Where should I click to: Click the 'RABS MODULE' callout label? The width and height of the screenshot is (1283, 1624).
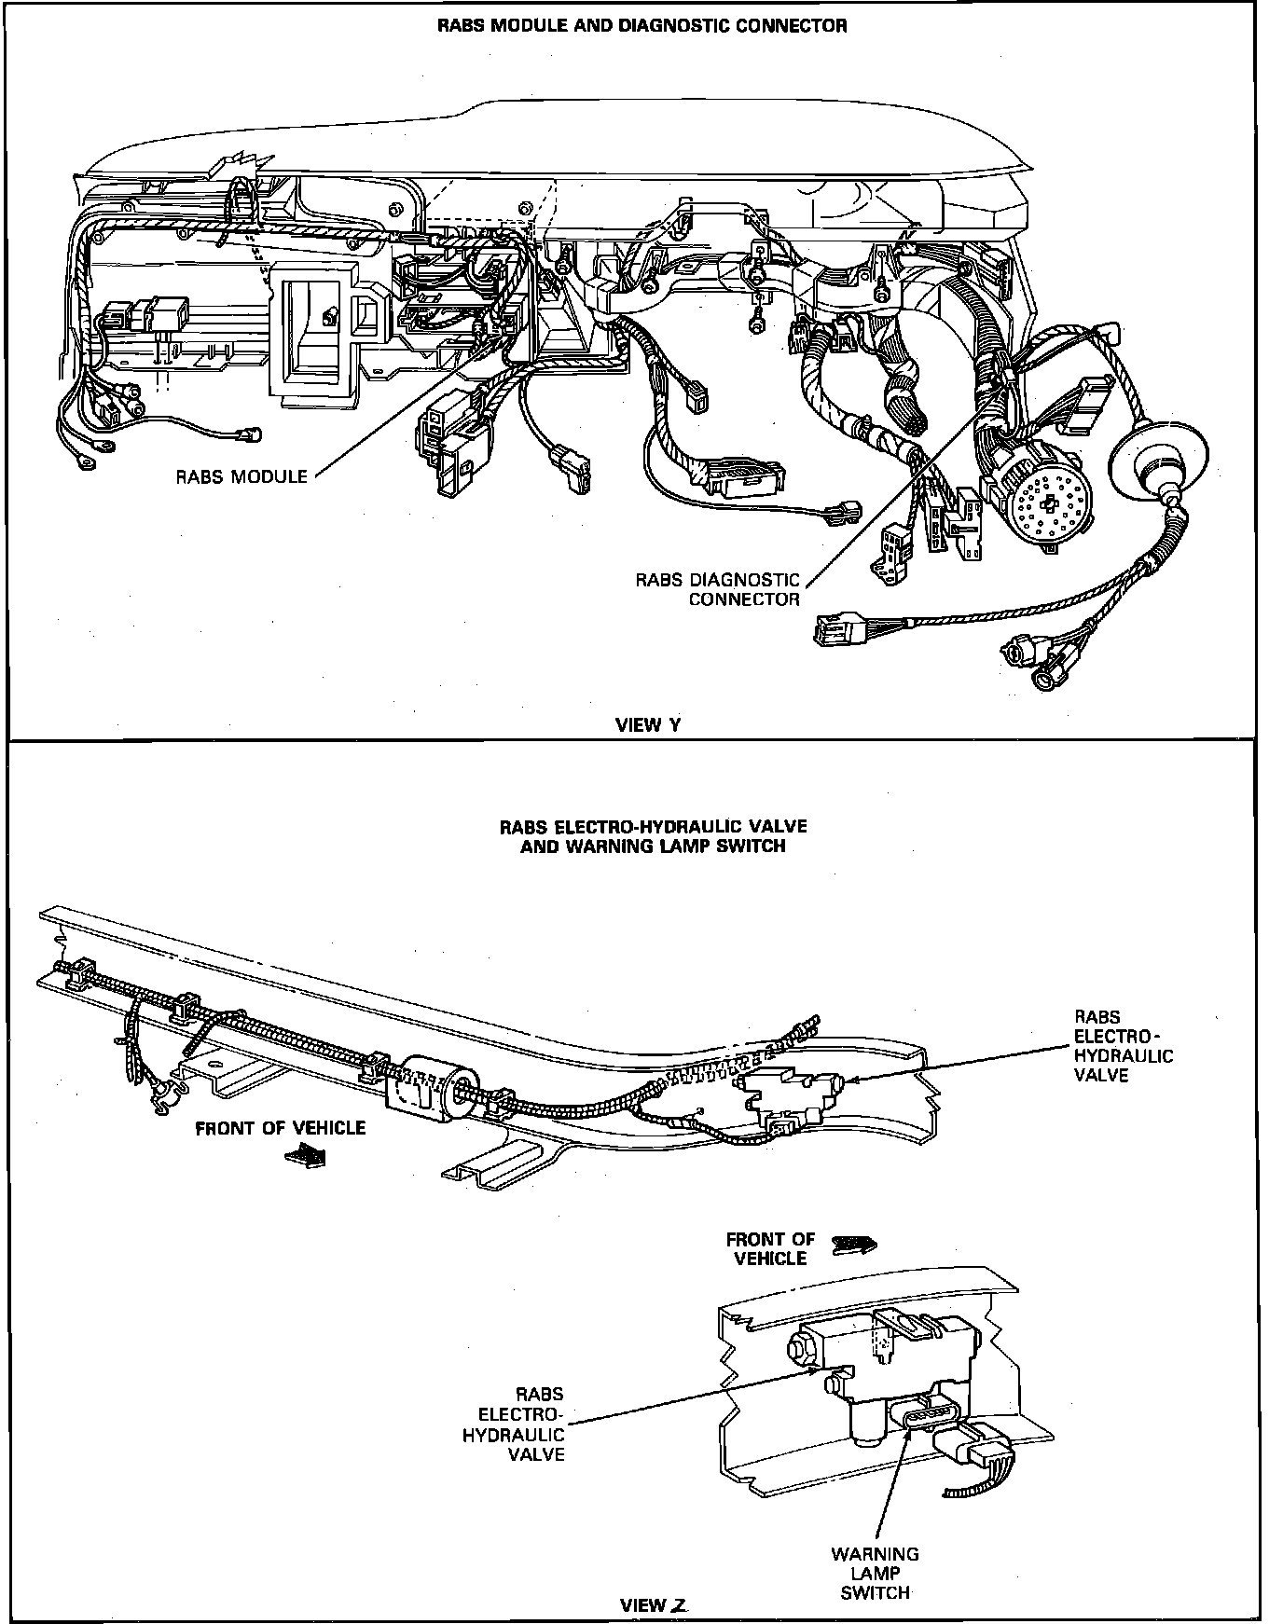pos(241,476)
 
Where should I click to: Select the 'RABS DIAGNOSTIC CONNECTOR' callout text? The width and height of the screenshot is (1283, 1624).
pos(718,589)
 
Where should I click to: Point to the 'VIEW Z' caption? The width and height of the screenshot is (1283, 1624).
pos(653,1604)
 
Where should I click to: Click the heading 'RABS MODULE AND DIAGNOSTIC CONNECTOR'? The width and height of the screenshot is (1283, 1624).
pos(642,26)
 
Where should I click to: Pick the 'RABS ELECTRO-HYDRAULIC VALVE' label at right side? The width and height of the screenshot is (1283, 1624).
pos(1124,1045)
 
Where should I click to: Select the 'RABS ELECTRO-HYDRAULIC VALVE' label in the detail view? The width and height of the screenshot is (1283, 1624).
pos(515,1424)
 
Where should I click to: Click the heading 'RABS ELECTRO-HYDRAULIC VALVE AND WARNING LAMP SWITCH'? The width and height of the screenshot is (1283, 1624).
pos(653,835)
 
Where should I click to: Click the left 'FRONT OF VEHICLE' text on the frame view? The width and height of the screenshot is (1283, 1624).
pos(280,1128)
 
